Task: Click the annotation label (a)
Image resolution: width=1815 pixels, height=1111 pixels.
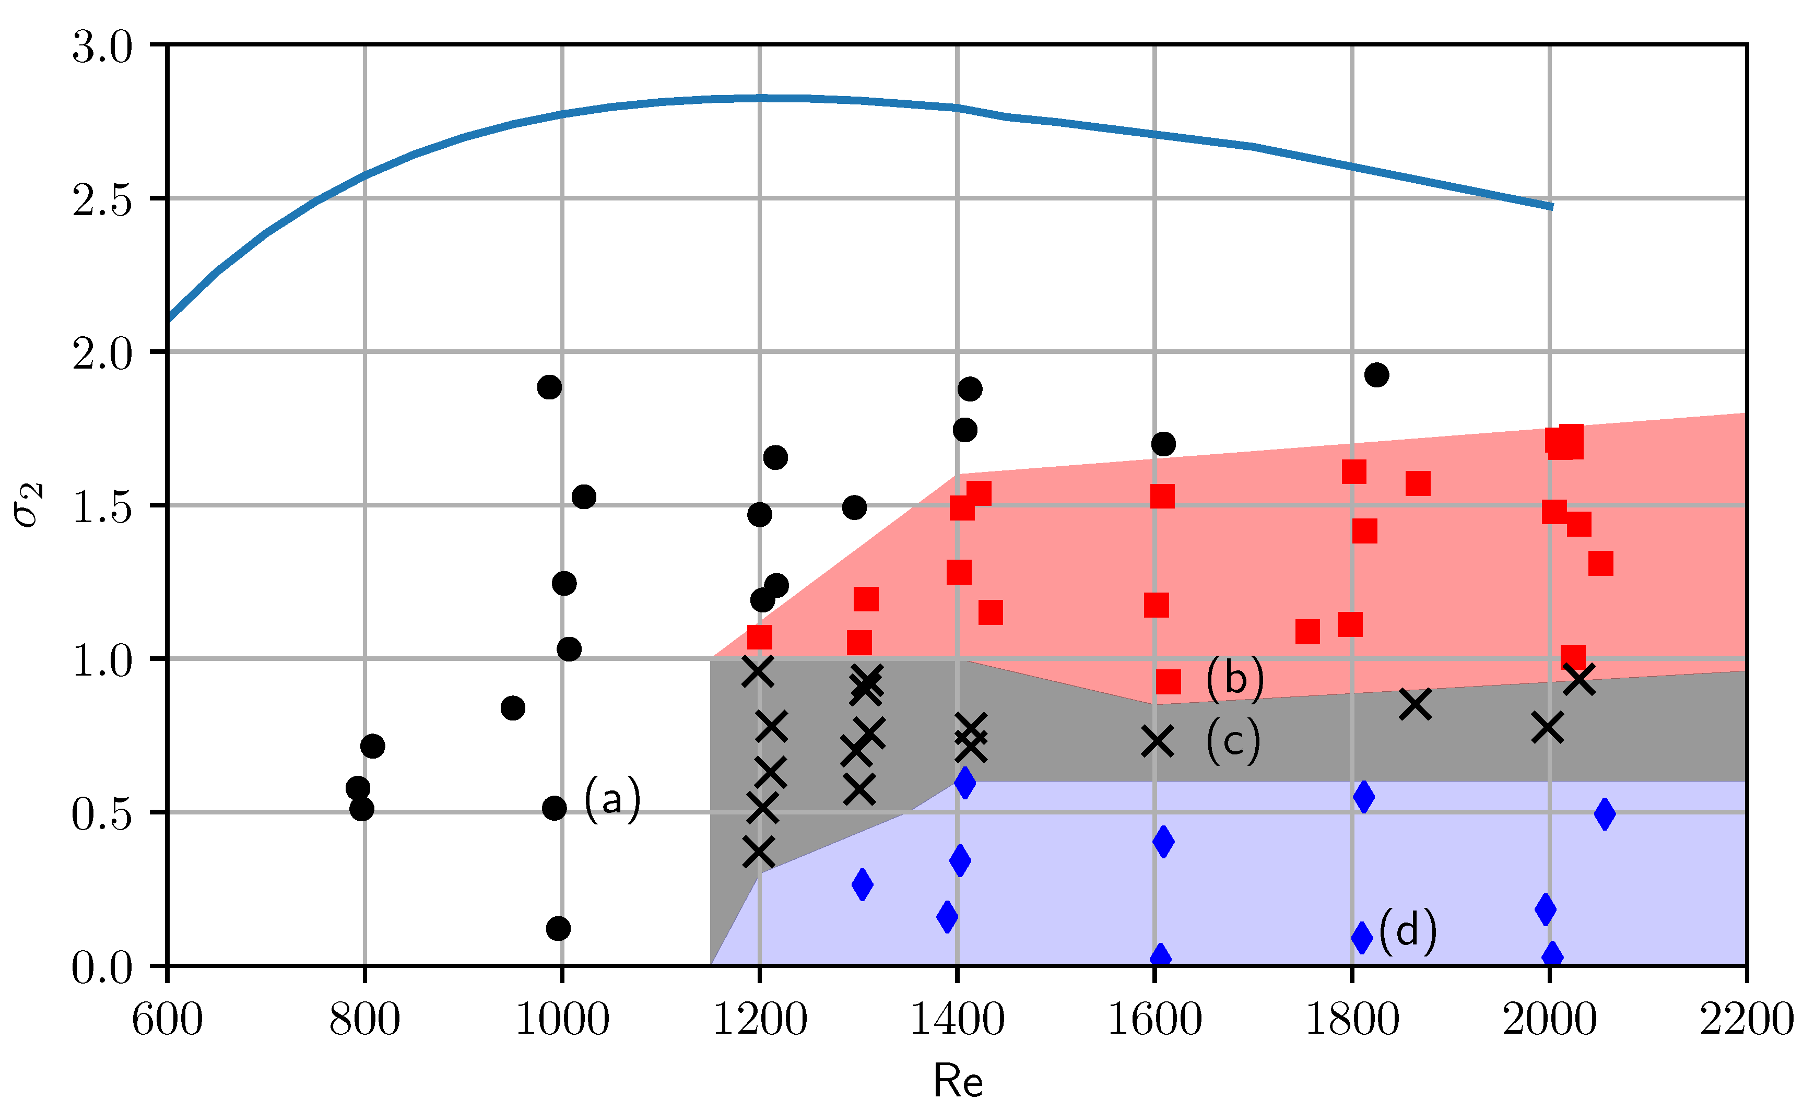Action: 612,799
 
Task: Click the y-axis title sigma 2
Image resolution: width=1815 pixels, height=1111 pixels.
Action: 29,505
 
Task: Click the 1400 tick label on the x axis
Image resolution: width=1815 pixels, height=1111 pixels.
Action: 958,1020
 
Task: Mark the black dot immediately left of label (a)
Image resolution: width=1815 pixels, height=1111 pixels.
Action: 554,808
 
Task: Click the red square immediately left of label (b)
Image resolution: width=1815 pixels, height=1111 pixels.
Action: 1168,681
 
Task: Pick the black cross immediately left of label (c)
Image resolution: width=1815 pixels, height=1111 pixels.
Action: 1157,741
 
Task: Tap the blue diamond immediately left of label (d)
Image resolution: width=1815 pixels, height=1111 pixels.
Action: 1362,937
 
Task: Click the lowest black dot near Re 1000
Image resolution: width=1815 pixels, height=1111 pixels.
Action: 558,928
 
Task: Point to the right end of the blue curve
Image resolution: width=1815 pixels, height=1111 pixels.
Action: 1551,206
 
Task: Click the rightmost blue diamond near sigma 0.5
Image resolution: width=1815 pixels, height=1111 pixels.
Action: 1605,814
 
